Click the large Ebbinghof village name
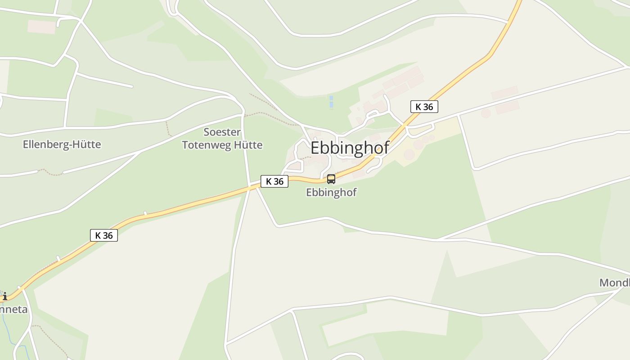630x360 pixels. (x=350, y=148)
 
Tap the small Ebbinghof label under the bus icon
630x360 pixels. (x=331, y=192)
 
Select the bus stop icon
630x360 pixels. (x=331, y=179)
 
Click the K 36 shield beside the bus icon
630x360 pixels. (x=274, y=181)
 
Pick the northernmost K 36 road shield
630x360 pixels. (x=424, y=107)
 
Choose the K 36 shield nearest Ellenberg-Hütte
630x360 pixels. (x=104, y=235)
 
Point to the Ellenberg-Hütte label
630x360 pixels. (x=62, y=144)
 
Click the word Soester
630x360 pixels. (x=222, y=132)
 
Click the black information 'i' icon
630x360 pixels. (x=4, y=296)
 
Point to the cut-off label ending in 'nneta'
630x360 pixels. (x=13, y=310)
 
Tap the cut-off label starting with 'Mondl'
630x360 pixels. (x=615, y=283)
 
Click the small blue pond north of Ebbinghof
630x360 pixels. (x=331, y=102)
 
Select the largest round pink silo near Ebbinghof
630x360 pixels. (x=409, y=154)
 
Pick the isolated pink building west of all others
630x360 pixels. (x=42, y=27)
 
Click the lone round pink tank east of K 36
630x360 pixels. (x=486, y=113)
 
